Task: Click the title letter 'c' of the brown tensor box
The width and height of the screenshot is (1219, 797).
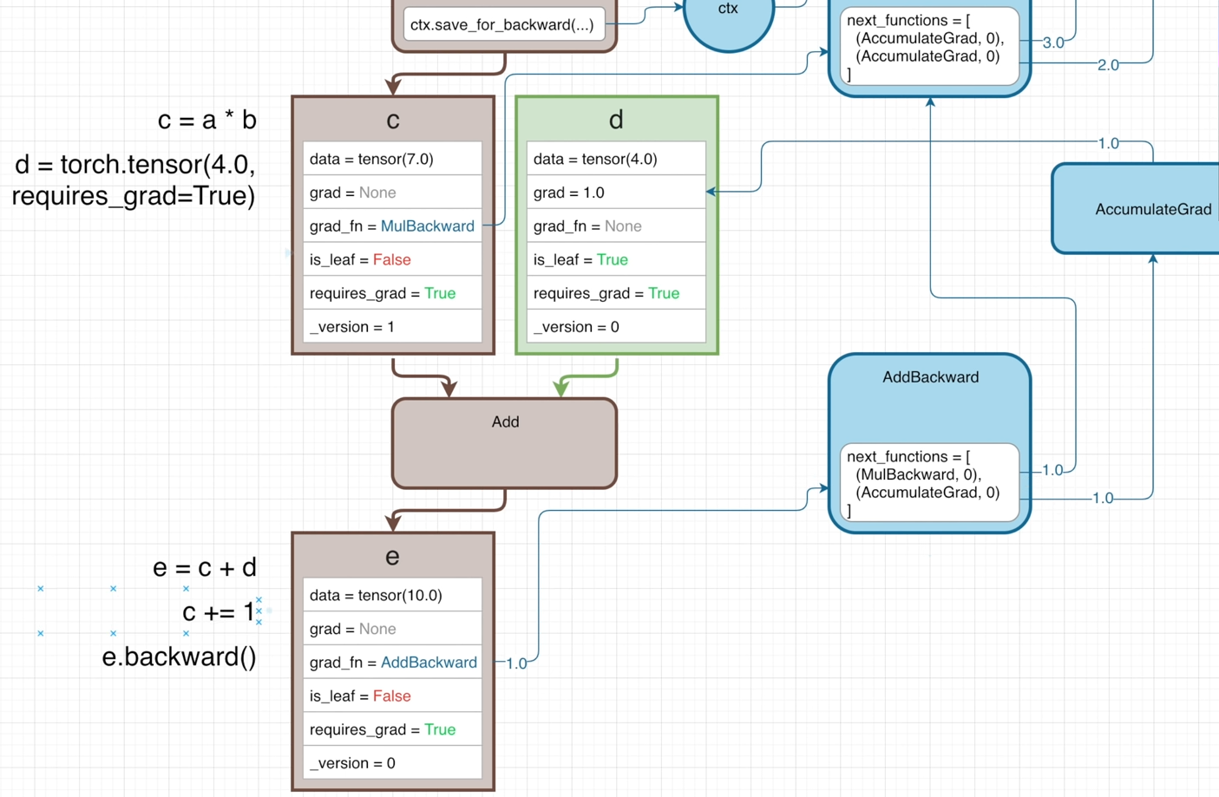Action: pos(393,120)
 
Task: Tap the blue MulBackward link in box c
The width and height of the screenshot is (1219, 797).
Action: pos(428,226)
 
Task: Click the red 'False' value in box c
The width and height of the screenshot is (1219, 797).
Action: pos(392,260)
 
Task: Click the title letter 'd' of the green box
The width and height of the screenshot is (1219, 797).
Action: pos(616,120)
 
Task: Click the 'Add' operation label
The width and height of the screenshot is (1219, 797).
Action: pos(505,422)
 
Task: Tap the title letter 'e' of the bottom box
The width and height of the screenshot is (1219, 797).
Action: pos(392,556)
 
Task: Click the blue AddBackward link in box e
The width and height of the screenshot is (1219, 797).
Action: pos(429,663)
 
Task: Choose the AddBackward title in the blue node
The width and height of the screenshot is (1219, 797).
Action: pos(930,377)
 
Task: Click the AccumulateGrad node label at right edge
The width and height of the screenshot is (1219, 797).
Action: pos(1153,209)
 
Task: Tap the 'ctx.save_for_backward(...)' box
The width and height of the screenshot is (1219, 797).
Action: pos(502,25)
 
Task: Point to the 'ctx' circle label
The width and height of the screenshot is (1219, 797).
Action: pos(728,9)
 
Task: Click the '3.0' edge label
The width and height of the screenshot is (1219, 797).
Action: pos(1053,42)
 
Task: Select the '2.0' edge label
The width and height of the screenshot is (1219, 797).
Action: pos(1108,65)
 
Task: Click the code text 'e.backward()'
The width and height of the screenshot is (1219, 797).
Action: pos(180,657)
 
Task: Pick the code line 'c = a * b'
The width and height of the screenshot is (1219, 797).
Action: pos(207,120)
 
